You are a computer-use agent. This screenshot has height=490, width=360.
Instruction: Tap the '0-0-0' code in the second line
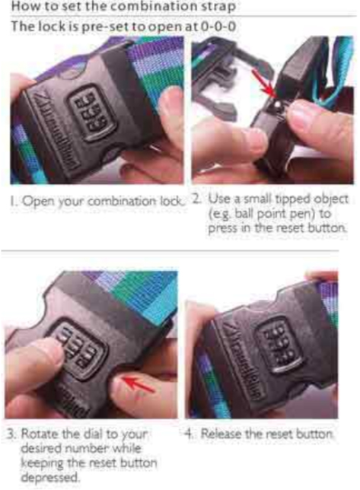point(218,27)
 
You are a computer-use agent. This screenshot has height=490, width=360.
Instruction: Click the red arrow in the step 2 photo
point(263,82)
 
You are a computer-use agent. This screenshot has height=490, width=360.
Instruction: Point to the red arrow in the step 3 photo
point(139,385)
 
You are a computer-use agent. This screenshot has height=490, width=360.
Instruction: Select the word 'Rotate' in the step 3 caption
point(40,434)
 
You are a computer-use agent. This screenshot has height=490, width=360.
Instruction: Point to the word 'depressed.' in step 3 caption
point(49,477)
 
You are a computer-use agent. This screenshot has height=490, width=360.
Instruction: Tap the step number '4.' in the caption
point(189,434)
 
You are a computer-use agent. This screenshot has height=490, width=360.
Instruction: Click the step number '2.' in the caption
point(196,199)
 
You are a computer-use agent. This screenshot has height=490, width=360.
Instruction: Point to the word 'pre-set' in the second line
point(105,27)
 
